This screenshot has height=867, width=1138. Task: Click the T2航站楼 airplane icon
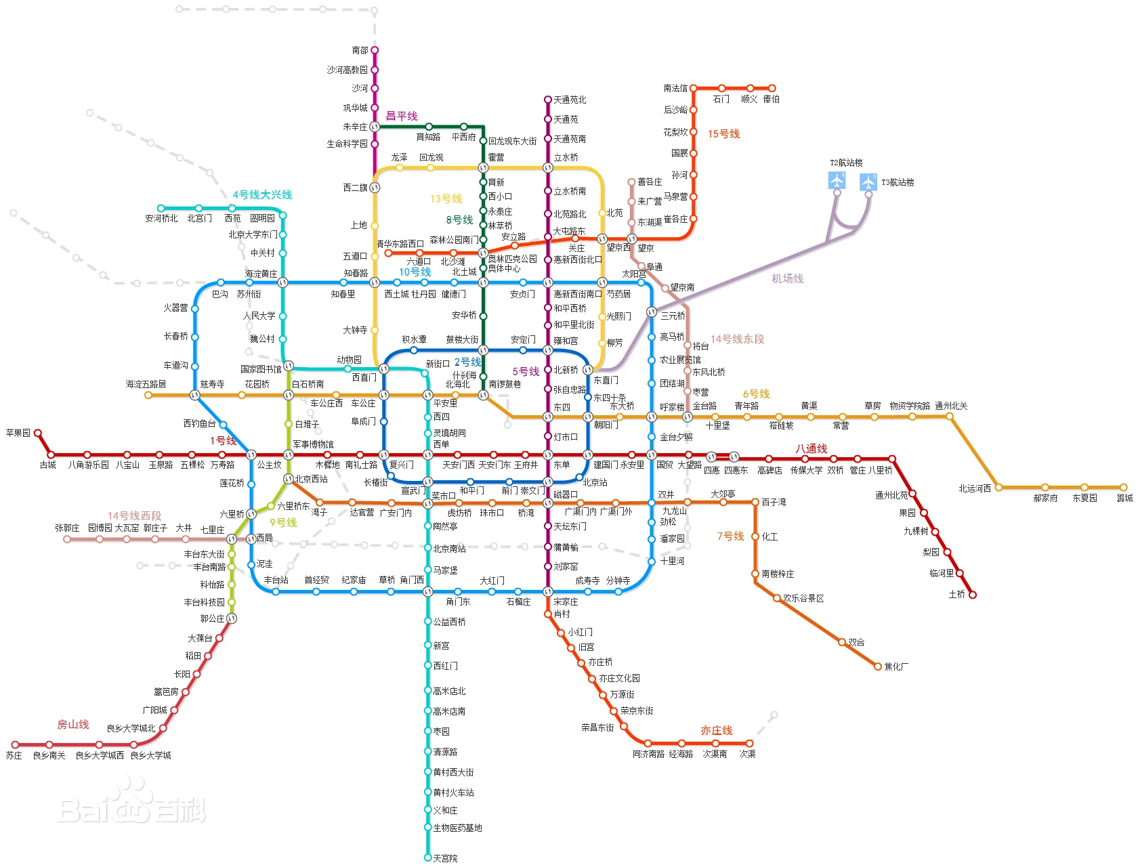coord(837,181)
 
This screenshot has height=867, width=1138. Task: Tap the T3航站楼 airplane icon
coord(868,182)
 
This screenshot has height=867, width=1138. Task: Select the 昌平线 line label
coord(402,116)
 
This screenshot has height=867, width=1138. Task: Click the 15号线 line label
coord(723,133)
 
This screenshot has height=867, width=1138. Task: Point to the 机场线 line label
coord(787,278)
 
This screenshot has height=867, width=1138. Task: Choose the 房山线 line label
coord(73,724)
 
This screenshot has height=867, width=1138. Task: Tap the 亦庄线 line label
coord(717,730)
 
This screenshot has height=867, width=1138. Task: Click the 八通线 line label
coord(812,448)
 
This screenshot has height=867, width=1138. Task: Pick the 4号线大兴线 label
coord(262,194)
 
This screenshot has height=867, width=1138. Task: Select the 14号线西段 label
coord(134,515)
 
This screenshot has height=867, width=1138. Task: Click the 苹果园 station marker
coord(38,433)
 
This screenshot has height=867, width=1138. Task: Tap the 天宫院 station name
coord(446,858)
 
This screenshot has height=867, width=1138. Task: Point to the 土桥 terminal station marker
coord(973,595)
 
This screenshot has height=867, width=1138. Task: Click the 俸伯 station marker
coord(772,88)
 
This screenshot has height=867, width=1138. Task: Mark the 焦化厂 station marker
coord(878,667)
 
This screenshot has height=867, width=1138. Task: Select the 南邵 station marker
coord(375,50)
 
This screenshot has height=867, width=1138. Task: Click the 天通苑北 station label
coord(570,100)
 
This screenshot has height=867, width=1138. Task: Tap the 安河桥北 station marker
coord(161,209)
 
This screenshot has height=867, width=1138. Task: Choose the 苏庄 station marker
coord(15,745)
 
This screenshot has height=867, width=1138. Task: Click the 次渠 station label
coord(747,754)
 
